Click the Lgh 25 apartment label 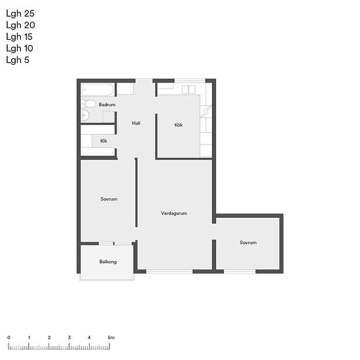(20, 14)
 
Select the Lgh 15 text (19, 37)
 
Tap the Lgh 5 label (18, 60)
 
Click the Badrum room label (107, 105)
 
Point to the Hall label (136, 123)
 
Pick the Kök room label (179, 125)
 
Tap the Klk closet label (103, 141)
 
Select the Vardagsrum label (174, 213)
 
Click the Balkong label (108, 262)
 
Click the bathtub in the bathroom (98, 90)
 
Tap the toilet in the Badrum (88, 104)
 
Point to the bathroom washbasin (84, 115)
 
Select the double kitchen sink (189, 89)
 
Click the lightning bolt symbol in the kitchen (206, 111)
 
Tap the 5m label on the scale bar (111, 338)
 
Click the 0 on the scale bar (9, 338)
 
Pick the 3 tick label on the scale (69, 338)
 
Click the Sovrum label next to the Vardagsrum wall (109, 199)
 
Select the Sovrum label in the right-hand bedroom (248, 242)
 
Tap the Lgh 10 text (20, 48)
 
